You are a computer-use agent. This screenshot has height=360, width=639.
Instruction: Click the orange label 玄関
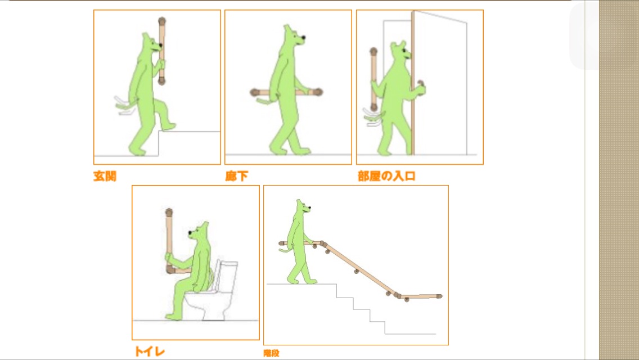point(105,176)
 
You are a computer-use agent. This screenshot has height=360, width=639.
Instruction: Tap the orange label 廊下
point(236,176)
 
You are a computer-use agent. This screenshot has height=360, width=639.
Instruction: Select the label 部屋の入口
point(386,176)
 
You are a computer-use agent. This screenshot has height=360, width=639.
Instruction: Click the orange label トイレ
point(150,352)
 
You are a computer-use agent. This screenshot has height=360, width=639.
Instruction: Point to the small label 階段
point(271,353)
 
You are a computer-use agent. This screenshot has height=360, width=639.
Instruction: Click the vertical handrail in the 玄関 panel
point(162,51)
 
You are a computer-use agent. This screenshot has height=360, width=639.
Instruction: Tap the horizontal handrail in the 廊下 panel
point(286,93)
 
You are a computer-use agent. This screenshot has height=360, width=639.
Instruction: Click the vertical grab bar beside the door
point(373,79)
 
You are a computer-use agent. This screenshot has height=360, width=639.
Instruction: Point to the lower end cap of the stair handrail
point(439,296)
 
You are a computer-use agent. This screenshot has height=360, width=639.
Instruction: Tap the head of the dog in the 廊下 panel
point(294,37)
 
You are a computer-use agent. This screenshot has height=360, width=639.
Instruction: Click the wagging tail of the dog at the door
point(373,117)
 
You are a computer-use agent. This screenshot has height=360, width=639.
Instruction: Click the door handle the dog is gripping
point(421,85)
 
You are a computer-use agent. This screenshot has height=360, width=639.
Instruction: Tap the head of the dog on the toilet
point(199,232)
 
